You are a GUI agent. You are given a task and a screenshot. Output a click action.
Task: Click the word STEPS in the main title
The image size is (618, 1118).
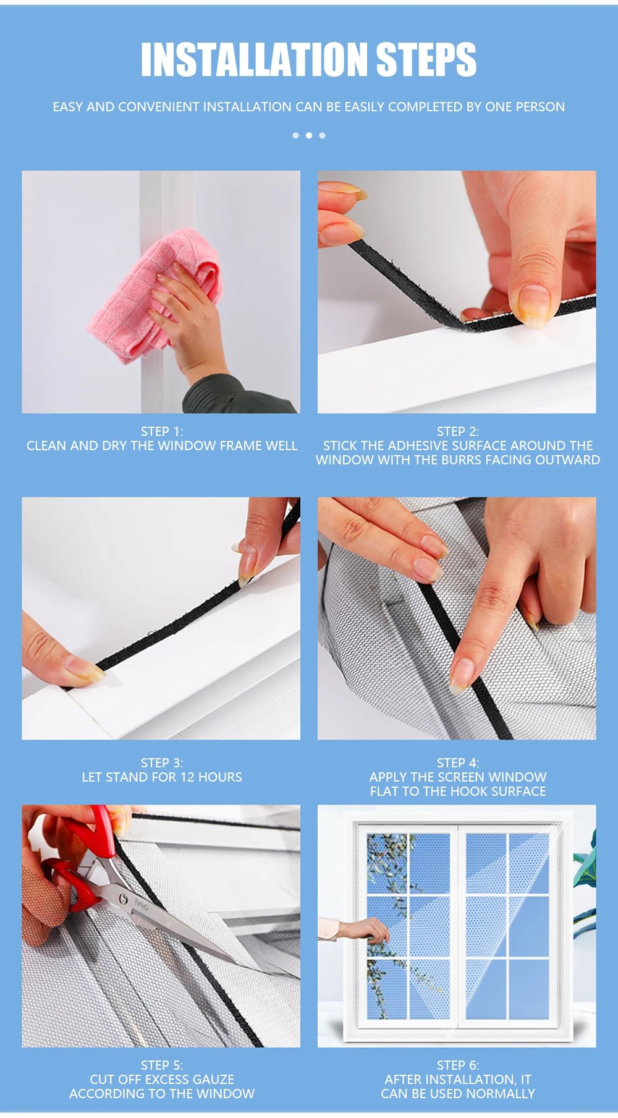point(426,60)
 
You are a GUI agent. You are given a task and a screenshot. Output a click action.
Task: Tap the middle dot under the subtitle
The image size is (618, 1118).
point(309,135)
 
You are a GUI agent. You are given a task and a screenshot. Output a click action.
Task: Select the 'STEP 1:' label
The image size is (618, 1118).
point(162,432)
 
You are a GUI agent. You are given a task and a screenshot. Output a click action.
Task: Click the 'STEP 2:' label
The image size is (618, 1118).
point(457,432)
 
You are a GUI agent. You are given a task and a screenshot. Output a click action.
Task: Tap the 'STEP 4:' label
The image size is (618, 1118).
point(457,763)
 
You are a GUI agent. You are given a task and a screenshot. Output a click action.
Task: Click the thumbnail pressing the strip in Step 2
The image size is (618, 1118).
point(534,305)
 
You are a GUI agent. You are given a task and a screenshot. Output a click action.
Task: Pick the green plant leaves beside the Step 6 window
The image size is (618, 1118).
point(585,866)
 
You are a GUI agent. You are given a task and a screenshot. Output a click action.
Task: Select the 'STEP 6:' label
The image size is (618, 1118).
point(457,1065)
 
